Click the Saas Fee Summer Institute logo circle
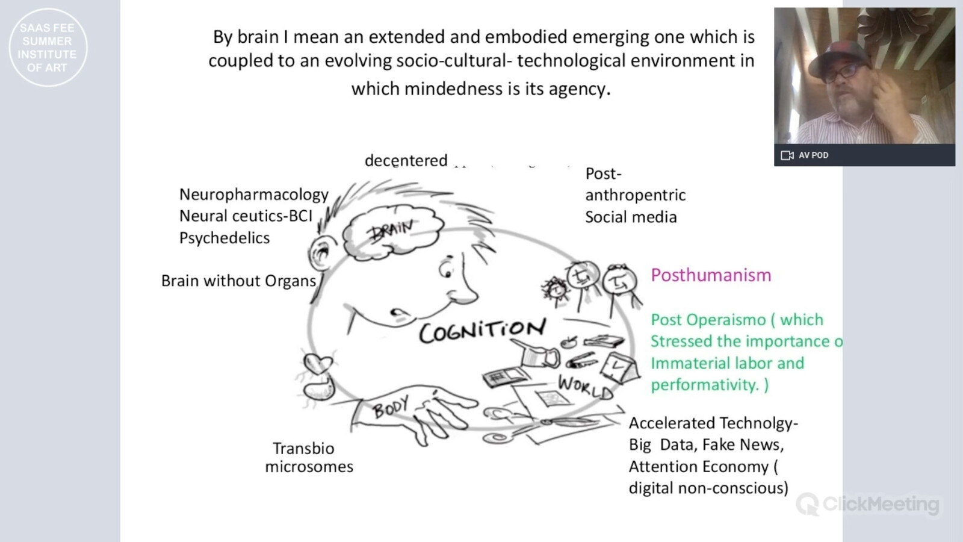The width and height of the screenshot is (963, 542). [48, 48]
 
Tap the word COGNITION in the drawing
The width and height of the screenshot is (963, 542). [482, 330]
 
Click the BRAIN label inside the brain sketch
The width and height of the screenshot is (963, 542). [392, 230]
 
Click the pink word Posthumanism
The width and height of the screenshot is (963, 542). [711, 275]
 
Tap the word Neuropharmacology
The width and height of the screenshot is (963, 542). [254, 195]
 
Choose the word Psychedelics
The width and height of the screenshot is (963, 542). [224, 238]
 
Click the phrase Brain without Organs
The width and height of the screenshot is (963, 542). [238, 281]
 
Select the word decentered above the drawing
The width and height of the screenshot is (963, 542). [406, 161]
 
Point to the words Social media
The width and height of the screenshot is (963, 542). [631, 217]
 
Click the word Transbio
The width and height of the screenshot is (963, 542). [303, 449]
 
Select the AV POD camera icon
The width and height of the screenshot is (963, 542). [787, 155]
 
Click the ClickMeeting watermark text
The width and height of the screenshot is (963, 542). [881, 504]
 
